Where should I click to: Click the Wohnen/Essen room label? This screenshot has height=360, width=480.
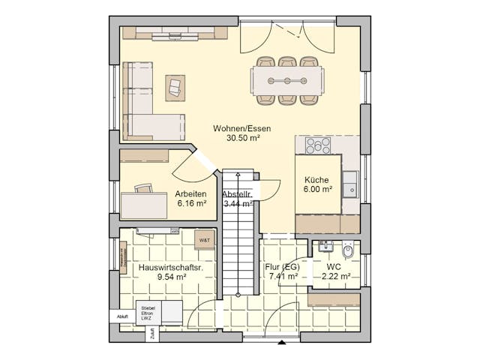pos(241,128)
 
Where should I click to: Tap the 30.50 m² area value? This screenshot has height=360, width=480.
pos(241,138)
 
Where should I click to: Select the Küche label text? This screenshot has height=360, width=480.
pos(316,180)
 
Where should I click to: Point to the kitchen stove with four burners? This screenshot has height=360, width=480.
pos(317,146)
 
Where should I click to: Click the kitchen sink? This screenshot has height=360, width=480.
pos(350,184)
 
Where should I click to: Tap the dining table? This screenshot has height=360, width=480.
pos(288,80)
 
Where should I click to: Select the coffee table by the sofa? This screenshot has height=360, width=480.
pos(175,87)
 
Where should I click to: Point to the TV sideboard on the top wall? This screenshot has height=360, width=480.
pos(175,33)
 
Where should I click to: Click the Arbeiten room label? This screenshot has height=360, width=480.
pos(190,193)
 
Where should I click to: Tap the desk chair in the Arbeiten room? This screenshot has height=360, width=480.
pos(144,188)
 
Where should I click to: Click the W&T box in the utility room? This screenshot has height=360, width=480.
pos(205,240)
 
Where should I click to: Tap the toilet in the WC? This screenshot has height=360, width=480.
pos(347,250)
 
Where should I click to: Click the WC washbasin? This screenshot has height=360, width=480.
pos(325,246)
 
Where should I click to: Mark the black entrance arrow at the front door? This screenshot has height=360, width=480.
pos(282,343)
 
